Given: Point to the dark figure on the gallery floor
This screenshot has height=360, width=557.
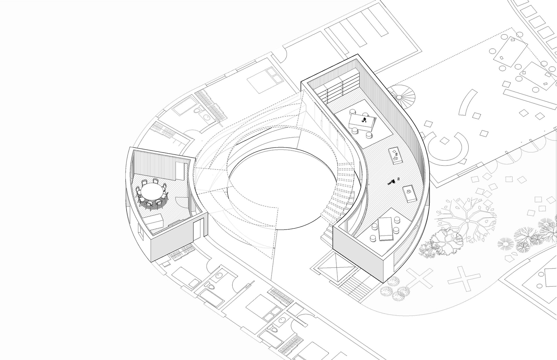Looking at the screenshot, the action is (392, 182).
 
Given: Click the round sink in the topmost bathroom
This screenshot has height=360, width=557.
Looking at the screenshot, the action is (207, 117).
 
